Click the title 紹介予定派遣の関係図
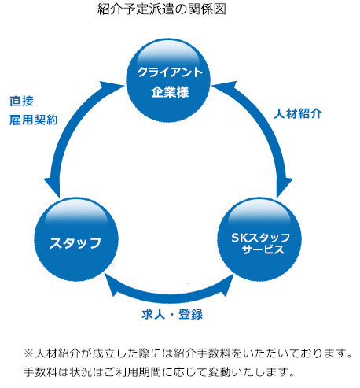161,9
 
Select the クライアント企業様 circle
168,80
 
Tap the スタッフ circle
76,239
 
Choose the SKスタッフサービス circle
259,239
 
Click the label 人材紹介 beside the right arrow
298,113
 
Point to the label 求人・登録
172,314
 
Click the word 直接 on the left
22,101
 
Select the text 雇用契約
34,120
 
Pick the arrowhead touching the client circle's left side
112,87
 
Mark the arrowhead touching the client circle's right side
224,87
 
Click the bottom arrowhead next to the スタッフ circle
112,285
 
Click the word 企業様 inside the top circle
170,92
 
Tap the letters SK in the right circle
239,238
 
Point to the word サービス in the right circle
263,249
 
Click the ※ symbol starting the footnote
28,353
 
